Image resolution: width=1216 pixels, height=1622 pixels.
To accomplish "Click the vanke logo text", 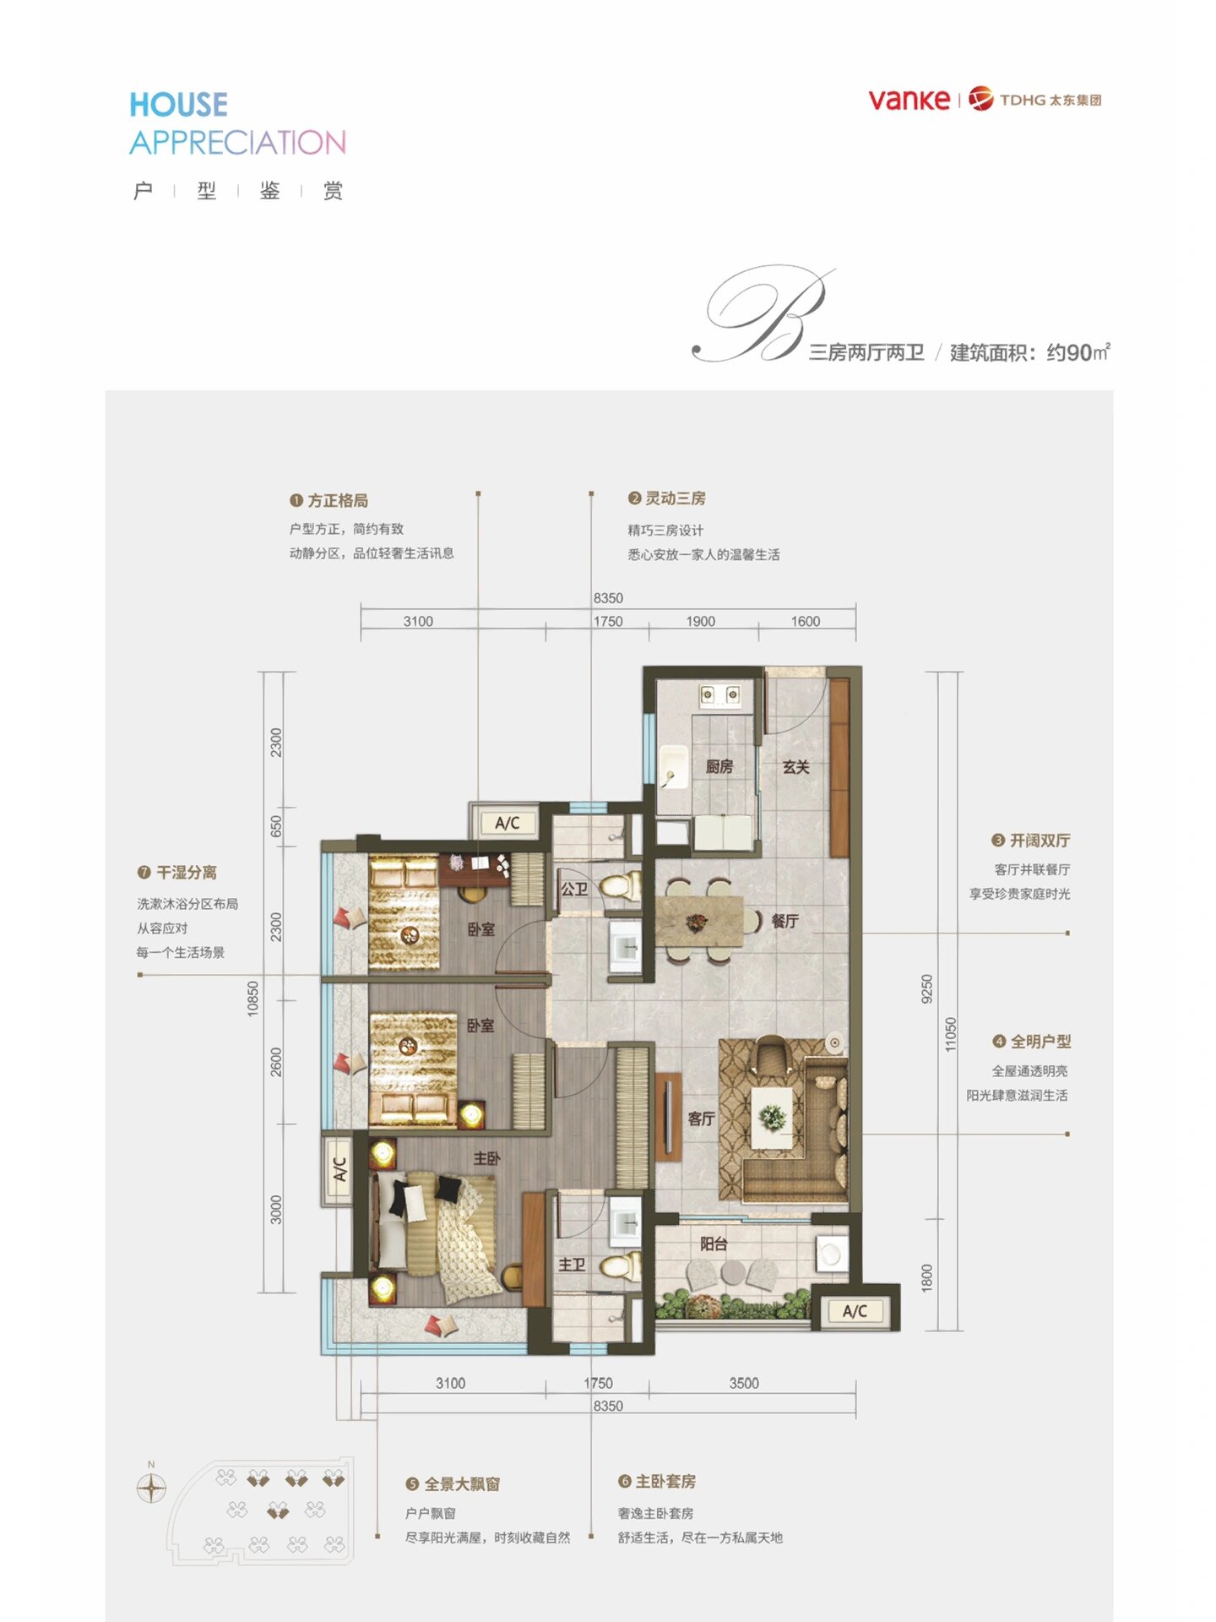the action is click(x=909, y=100).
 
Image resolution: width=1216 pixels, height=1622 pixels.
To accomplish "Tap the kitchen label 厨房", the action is click(x=719, y=766).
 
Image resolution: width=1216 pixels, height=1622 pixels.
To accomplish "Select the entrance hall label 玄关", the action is click(x=795, y=766).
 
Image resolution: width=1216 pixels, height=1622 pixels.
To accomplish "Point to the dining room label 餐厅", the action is click(x=784, y=920).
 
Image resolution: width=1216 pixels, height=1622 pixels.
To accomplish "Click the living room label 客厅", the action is click(x=701, y=1119).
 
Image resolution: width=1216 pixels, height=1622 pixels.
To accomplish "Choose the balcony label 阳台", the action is click(x=714, y=1244).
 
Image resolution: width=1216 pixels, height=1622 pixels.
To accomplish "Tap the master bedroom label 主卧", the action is click(x=486, y=1158).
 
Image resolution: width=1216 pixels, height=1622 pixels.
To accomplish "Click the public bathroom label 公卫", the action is click(x=574, y=889).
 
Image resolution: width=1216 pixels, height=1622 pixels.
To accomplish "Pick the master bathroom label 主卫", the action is click(x=572, y=1265).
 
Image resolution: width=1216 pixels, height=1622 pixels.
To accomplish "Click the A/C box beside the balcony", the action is click(x=855, y=1311).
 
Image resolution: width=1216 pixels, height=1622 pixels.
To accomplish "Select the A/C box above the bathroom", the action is click(x=507, y=823).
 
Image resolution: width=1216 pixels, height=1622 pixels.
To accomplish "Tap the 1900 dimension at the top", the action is click(x=700, y=621).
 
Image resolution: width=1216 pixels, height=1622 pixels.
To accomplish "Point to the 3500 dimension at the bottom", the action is click(x=744, y=1383).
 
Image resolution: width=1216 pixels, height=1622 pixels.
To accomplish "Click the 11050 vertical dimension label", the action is click(x=951, y=1034).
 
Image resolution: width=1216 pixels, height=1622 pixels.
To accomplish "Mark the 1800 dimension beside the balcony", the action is click(x=927, y=1277).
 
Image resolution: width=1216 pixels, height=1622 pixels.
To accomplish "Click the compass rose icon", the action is click(x=151, y=1488).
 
